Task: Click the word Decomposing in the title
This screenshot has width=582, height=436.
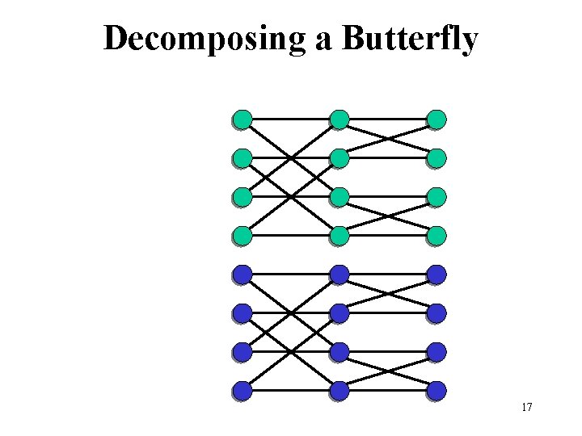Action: (x=205, y=39)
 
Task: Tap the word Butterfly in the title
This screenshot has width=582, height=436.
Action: (x=411, y=39)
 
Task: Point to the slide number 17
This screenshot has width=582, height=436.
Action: (x=526, y=408)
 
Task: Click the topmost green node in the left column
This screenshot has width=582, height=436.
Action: (x=242, y=119)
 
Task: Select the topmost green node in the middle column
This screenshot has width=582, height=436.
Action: (x=339, y=119)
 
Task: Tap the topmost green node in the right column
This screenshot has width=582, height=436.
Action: (x=436, y=119)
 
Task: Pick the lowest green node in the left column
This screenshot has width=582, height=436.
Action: (x=242, y=236)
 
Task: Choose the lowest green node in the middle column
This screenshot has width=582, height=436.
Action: (x=339, y=236)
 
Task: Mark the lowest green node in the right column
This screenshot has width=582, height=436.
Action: (x=436, y=236)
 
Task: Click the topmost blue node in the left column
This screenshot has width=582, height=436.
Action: (x=242, y=275)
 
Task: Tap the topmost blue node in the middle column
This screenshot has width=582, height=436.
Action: (x=339, y=275)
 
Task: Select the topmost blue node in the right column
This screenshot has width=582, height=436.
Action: (x=436, y=275)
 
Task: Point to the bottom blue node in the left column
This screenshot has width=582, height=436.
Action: (x=242, y=391)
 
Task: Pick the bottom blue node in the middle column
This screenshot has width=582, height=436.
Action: (x=339, y=391)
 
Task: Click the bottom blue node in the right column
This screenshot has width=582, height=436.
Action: (x=436, y=391)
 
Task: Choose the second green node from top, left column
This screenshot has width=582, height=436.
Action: (x=242, y=158)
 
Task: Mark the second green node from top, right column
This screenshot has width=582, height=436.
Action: (x=436, y=158)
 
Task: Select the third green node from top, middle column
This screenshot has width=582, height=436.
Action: (x=339, y=197)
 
